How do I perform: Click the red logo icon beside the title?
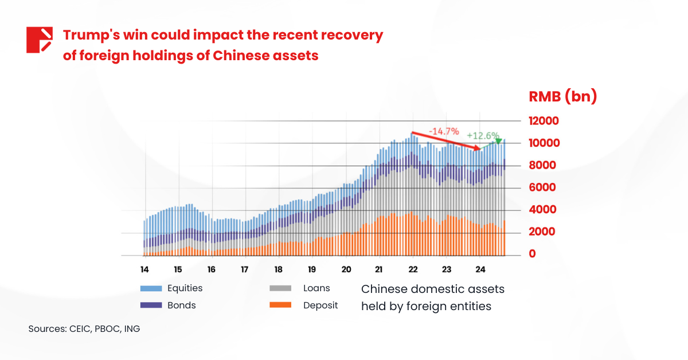coord(40,40)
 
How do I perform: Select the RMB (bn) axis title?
coord(562,97)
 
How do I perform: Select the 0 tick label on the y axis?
coord(533,254)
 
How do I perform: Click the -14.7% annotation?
coord(444,131)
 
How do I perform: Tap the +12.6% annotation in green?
coord(483,136)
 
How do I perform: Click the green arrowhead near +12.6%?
coord(498,141)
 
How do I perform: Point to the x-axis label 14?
coord(144,269)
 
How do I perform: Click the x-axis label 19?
coord(312,269)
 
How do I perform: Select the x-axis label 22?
coord(413,269)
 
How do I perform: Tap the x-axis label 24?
coord(480,269)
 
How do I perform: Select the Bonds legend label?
coord(181,306)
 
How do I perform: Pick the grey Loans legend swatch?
coord(280,288)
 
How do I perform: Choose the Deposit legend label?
coord(320,306)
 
